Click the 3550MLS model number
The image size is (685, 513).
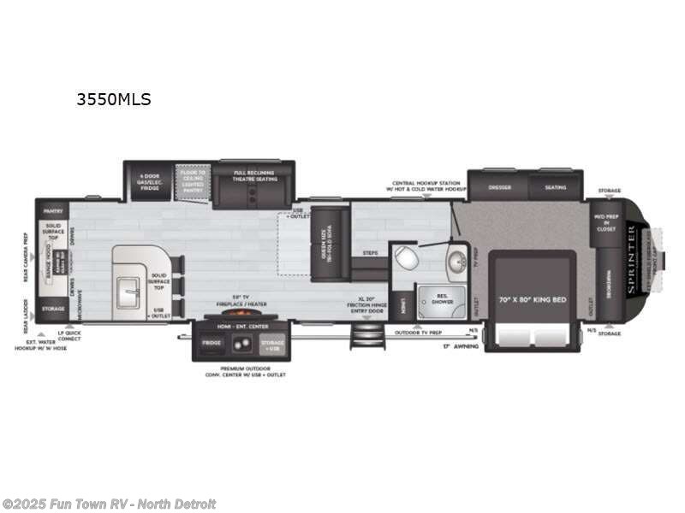pyautogui.click(x=113, y=99)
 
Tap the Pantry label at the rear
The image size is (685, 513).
pyautogui.click(x=51, y=209)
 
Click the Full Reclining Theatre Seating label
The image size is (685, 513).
pyautogui.click(x=253, y=175)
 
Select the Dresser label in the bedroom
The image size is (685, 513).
pyautogui.click(x=499, y=187)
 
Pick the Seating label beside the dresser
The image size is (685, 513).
pyautogui.click(x=555, y=187)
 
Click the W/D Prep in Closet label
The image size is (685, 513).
pyautogui.click(x=605, y=222)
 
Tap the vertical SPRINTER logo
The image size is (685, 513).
pyautogui.click(x=632, y=260)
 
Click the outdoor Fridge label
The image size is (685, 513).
pyautogui.click(x=212, y=342)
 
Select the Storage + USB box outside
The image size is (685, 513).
pyautogui.click(x=272, y=345)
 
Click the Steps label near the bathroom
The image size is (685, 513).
pyautogui.click(x=370, y=253)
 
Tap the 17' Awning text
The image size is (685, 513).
pyautogui.click(x=457, y=346)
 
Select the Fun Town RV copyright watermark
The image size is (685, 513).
pyautogui.click(x=109, y=504)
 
